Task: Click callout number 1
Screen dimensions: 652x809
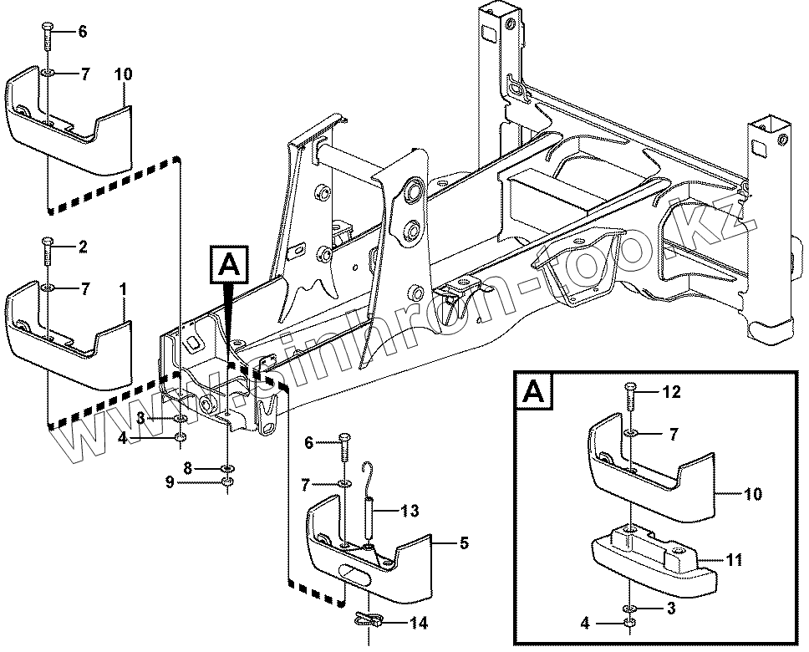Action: click(123, 289)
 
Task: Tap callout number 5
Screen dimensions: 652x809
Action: click(464, 542)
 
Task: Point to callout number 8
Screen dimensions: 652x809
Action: click(189, 469)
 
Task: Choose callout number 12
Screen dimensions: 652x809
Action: click(673, 391)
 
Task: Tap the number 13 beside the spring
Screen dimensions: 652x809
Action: click(410, 511)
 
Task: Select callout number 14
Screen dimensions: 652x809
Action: click(415, 622)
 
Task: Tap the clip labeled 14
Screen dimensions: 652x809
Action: click(369, 619)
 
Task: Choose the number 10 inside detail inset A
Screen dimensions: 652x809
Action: click(752, 494)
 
